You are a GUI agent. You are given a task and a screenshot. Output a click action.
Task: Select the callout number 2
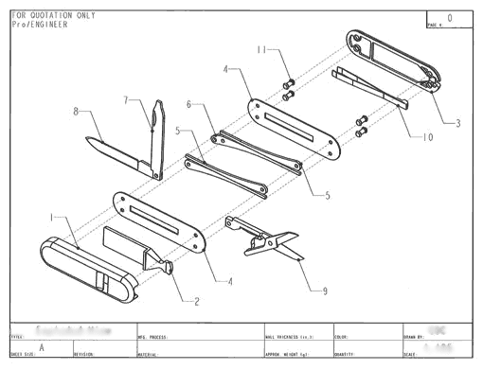click(x=196, y=302)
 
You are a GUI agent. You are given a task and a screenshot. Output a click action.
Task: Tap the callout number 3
click(x=457, y=123)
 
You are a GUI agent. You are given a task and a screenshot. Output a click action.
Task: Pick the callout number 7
click(x=126, y=99)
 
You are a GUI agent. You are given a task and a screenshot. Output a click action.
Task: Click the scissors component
click(x=265, y=239)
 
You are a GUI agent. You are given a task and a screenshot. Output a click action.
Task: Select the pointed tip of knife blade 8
click(x=84, y=142)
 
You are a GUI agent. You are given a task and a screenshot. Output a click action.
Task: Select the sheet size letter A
click(x=41, y=346)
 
